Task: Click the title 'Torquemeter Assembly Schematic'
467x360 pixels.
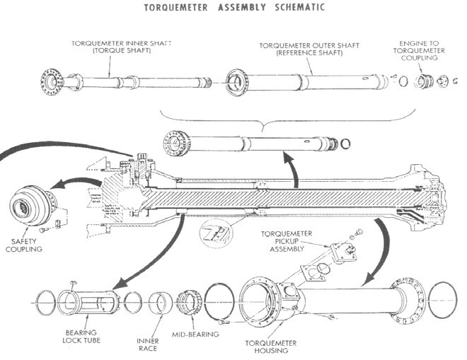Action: click(x=233, y=8)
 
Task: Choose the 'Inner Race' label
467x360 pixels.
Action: click(x=147, y=344)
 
